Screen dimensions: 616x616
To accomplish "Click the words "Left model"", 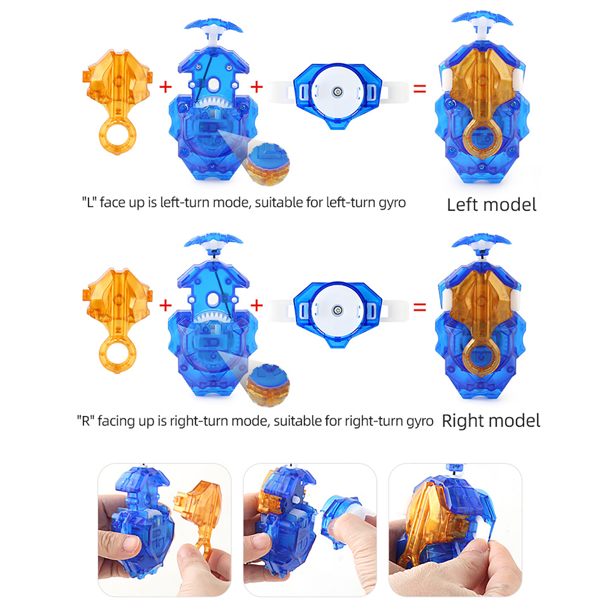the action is (491, 204).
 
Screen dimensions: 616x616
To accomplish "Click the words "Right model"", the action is (491, 421).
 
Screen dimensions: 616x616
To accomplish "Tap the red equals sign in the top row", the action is (420, 89).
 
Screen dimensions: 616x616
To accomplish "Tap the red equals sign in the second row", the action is (420, 307).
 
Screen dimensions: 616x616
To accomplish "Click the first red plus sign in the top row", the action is (166, 87).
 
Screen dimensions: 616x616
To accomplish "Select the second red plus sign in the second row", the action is (256, 306).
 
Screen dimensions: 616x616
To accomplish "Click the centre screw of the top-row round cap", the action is (338, 92).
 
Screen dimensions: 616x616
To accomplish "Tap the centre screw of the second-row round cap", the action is (338, 310).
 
